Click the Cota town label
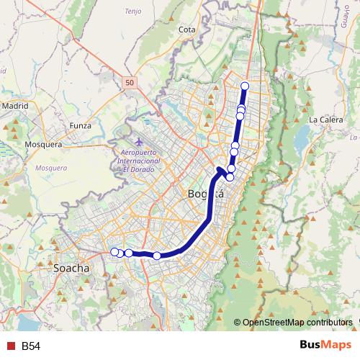187,30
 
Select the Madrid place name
14,105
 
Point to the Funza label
81,125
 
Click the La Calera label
325,119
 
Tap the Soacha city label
71,268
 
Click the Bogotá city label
206,194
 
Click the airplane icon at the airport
138,141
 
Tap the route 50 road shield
129,84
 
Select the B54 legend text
31,346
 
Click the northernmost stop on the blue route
245,86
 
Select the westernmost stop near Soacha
114,251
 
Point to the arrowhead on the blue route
220,170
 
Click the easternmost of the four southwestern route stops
157,256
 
